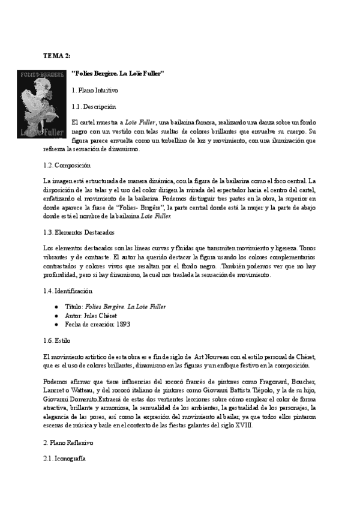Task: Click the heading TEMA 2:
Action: [56, 55]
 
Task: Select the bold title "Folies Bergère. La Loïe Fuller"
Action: [118, 73]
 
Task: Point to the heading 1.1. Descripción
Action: [93, 107]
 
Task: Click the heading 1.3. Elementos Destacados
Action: [79, 232]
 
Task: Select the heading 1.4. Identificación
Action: [68, 291]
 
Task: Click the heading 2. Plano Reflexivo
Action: [68, 442]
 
